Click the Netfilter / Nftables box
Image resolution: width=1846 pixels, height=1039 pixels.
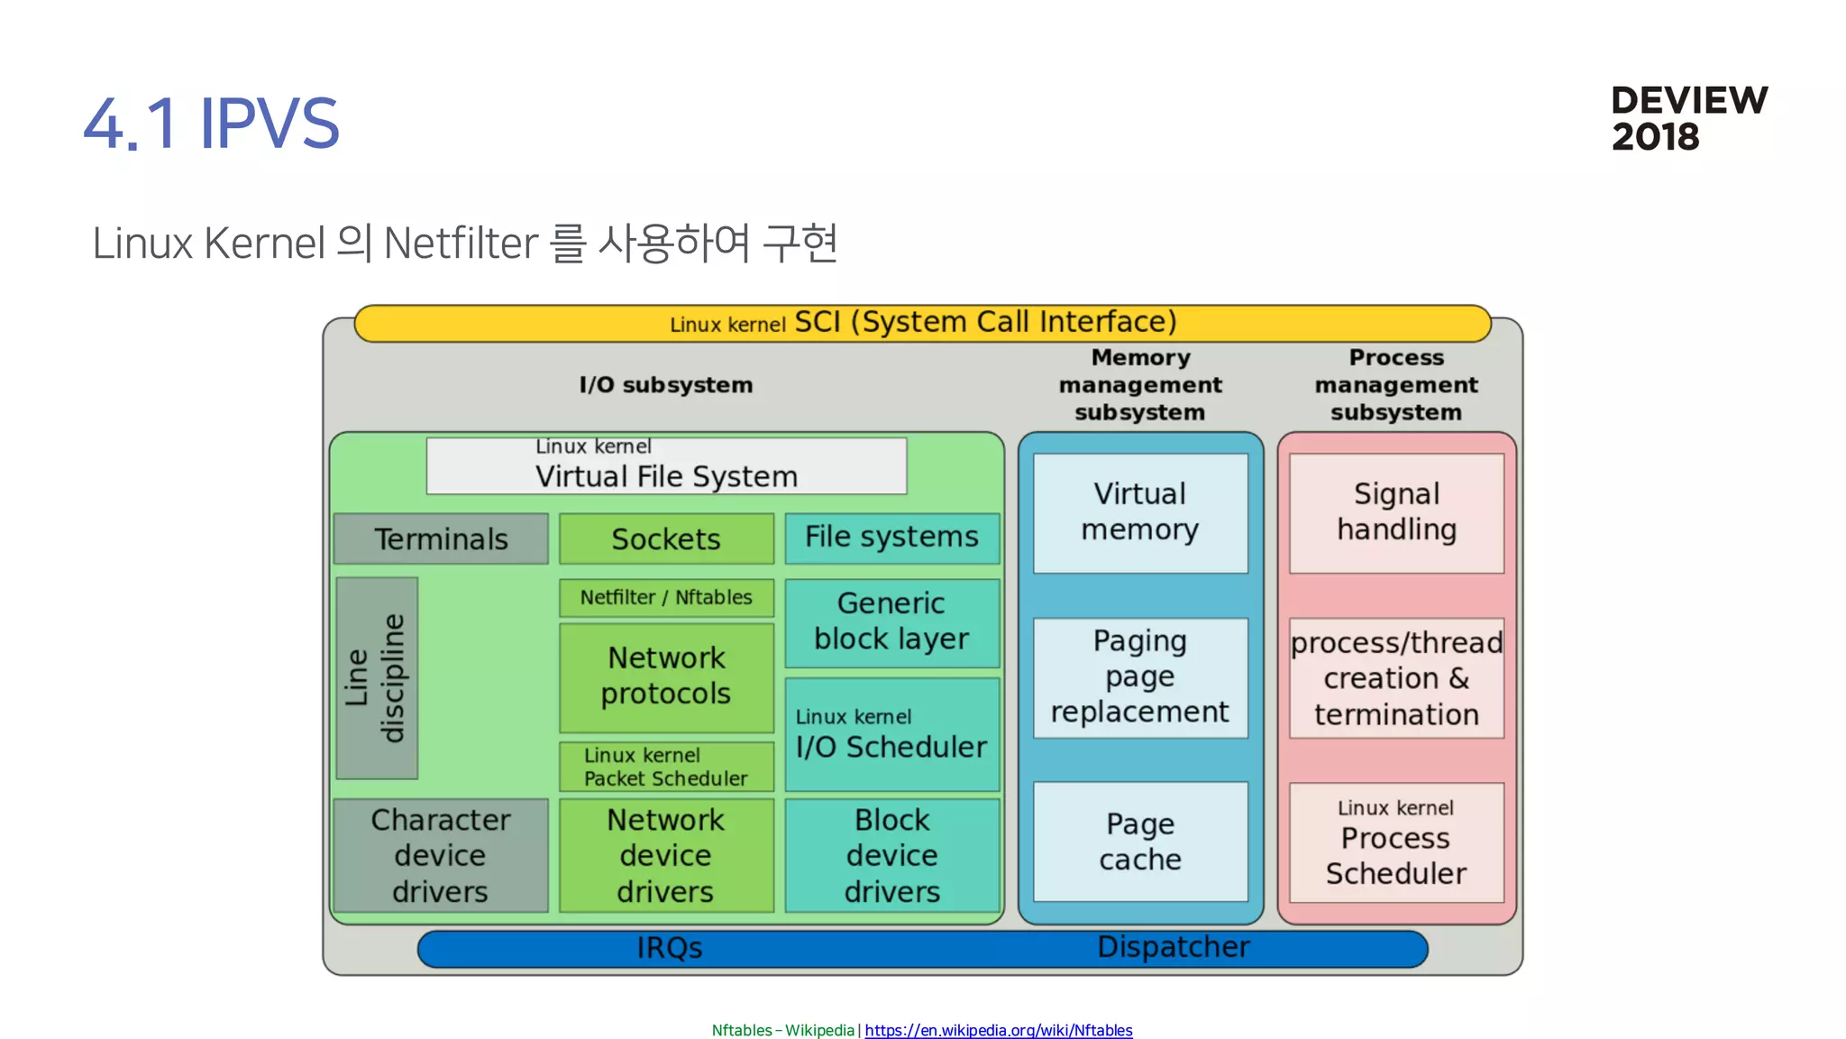[666, 597]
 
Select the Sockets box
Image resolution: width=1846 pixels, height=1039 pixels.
[666, 538]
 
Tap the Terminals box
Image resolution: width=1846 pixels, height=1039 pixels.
[441, 538]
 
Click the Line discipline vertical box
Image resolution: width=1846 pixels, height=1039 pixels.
[377, 678]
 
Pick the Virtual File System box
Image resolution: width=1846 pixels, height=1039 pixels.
[666, 466]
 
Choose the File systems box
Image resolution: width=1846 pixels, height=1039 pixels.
[891, 538]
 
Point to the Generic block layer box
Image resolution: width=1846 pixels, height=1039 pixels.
[891, 622]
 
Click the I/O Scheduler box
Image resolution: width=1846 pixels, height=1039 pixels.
[891, 735]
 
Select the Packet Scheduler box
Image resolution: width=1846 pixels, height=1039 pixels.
[666, 767]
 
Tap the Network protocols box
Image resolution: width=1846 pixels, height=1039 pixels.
[666, 676]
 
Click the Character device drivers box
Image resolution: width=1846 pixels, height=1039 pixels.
[441, 855]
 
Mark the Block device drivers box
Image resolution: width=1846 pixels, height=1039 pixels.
[891, 855]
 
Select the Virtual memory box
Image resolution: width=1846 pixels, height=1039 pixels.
[1140, 512]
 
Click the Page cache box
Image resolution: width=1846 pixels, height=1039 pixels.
[1140, 841]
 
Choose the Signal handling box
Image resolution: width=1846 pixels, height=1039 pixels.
[1396, 512]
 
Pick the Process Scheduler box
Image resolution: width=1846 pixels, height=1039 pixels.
[1396, 841]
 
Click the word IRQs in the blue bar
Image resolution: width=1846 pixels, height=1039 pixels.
[669, 948]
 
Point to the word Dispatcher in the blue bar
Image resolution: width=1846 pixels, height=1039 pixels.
[1174, 947]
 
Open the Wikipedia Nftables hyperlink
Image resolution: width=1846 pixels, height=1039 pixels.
[998, 1030]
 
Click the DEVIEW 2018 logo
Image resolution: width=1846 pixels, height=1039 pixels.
[1688, 118]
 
